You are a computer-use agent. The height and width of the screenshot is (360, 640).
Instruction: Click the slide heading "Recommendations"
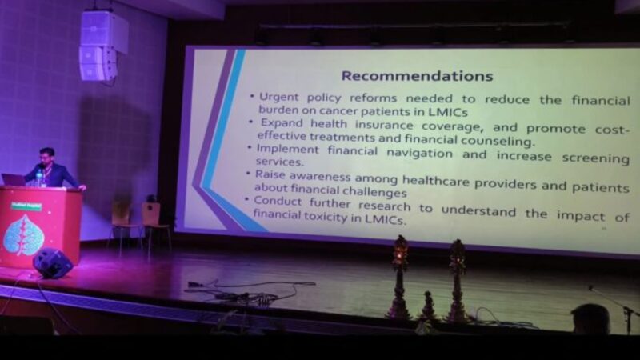(x=416, y=76)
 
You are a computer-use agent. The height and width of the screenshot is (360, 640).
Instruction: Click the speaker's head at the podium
(x=47, y=155)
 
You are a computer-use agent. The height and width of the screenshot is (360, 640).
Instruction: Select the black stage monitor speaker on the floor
(x=52, y=262)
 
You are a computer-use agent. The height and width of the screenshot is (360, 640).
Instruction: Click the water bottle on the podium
(x=39, y=177)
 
